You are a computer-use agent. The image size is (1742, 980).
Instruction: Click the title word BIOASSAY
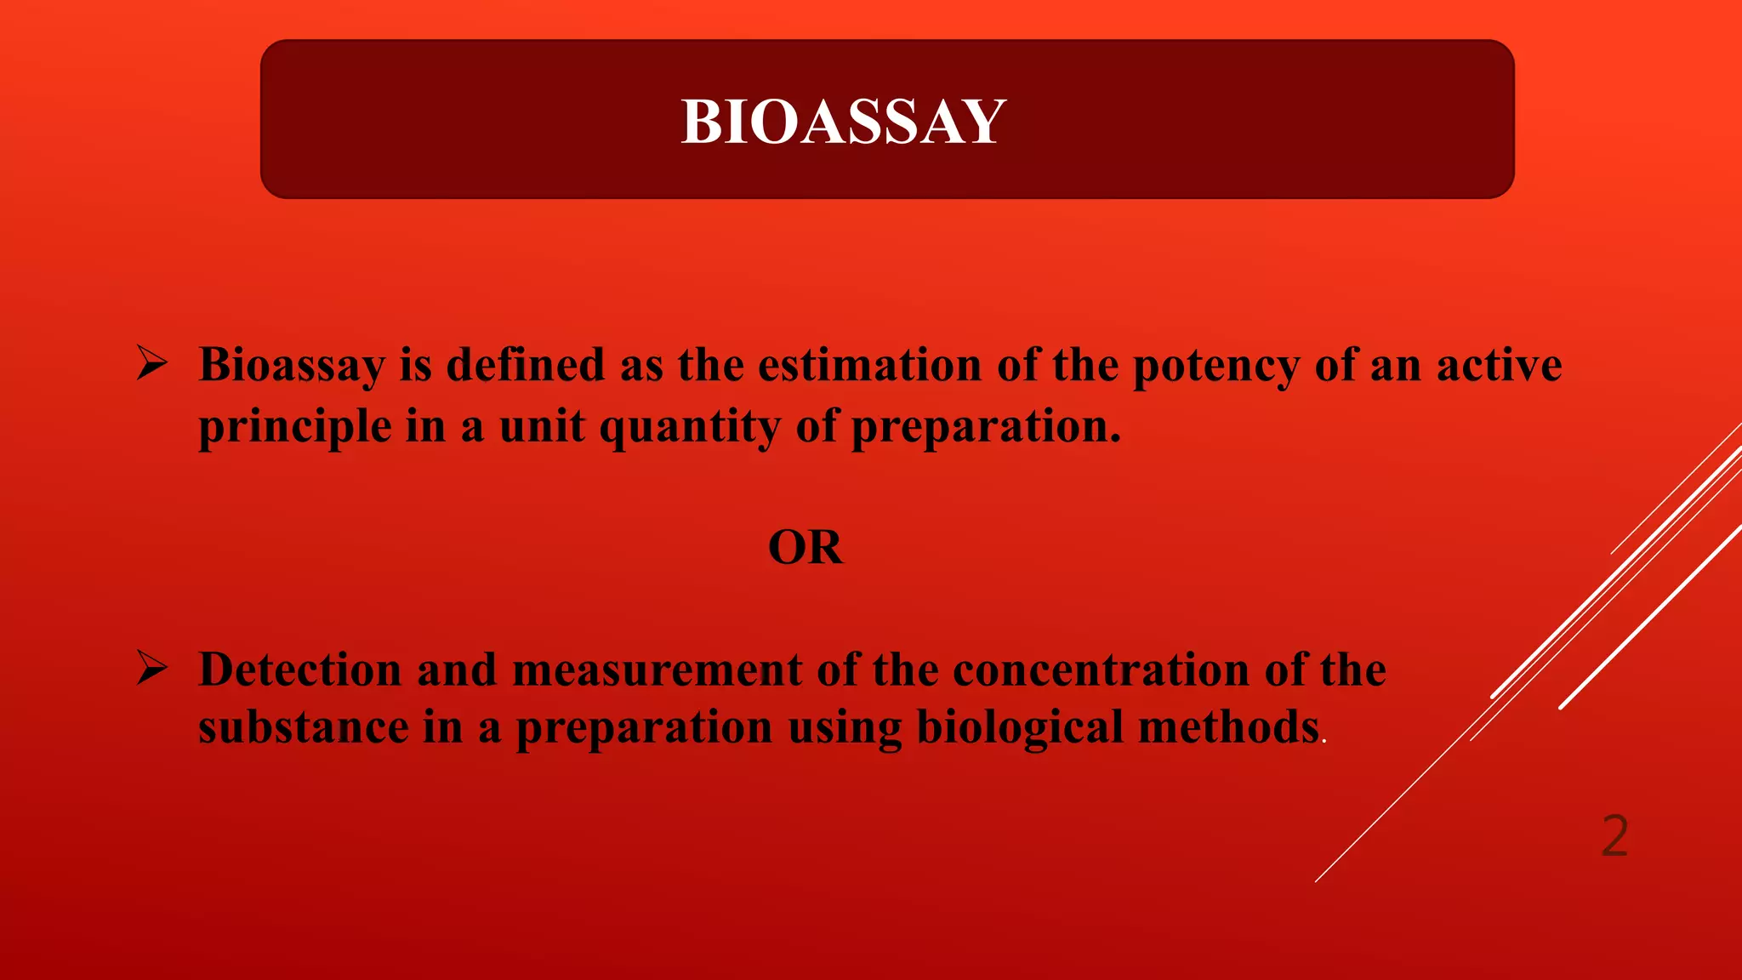843,122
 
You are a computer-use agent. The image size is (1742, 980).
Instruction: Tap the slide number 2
1614,835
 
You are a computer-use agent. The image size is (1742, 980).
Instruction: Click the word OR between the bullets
805,547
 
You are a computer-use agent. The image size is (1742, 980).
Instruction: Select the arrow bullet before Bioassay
152,364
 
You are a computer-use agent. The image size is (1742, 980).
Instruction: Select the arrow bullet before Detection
152,669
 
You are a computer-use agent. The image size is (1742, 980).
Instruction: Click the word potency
1215,367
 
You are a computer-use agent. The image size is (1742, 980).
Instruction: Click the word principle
294,427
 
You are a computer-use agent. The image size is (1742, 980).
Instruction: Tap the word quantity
690,427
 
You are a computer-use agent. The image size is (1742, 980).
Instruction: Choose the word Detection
299,669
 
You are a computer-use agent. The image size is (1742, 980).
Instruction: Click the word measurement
657,669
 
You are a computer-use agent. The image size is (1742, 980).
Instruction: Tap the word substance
303,728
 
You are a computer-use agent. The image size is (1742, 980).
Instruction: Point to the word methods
1228,728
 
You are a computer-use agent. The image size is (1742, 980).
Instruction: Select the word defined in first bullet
525,365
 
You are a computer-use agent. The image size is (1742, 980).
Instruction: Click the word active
1499,365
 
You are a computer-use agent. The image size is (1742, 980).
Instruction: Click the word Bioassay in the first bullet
292,367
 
